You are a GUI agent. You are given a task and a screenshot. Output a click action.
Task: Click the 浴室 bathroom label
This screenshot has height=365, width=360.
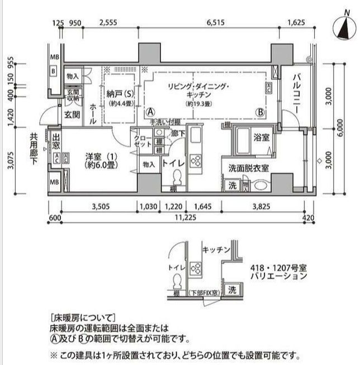tap(260, 137)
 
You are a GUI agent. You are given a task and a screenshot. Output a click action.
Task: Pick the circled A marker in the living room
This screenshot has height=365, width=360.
tap(150, 111)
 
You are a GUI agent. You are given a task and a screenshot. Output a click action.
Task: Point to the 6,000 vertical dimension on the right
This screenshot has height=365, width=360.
tap(340, 127)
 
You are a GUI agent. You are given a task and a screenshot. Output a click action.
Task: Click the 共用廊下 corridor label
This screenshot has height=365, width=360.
tap(35, 146)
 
